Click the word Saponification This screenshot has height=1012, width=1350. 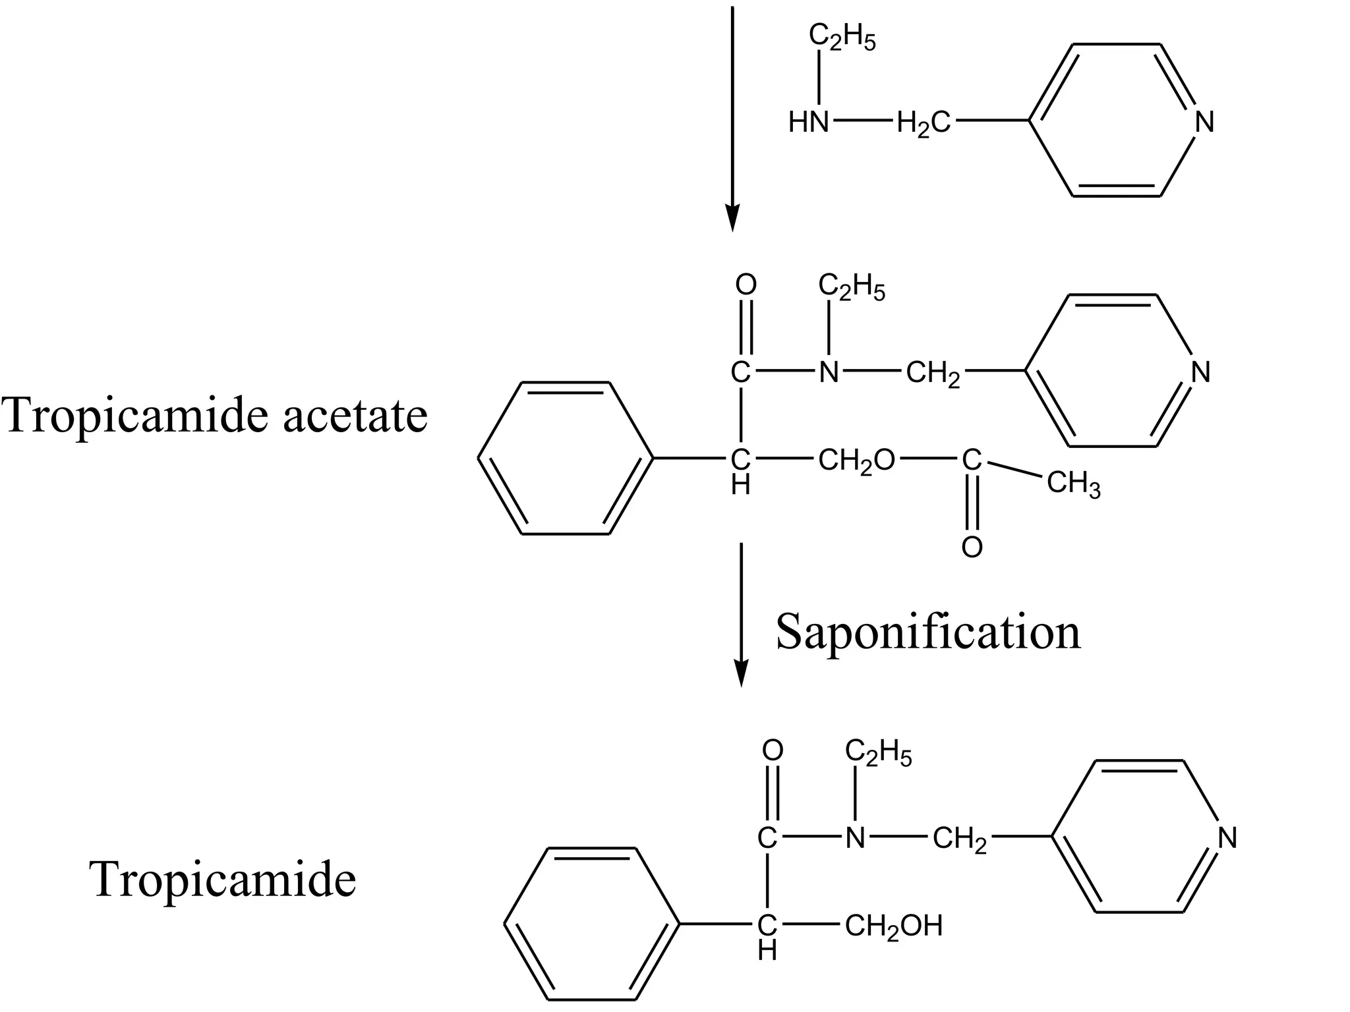click(x=928, y=632)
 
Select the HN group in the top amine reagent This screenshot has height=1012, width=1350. click(x=809, y=123)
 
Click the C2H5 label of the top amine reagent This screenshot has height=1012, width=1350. click(x=842, y=38)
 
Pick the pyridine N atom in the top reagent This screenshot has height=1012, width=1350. click(x=1204, y=123)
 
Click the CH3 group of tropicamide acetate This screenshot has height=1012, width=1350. click(x=1073, y=484)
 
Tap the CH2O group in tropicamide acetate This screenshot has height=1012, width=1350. click(x=856, y=462)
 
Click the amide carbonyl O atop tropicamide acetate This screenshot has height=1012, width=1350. click(x=746, y=285)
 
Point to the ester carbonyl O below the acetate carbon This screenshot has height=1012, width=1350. click(x=972, y=547)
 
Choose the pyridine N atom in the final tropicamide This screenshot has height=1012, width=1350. click(x=1227, y=838)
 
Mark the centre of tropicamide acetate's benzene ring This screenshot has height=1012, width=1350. click(x=566, y=458)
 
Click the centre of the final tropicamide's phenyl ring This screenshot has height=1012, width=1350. click(x=592, y=924)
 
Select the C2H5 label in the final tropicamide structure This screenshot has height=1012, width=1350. click(x=878, y=753)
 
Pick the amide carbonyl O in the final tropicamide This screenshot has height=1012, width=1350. click(x=772, y=750)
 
